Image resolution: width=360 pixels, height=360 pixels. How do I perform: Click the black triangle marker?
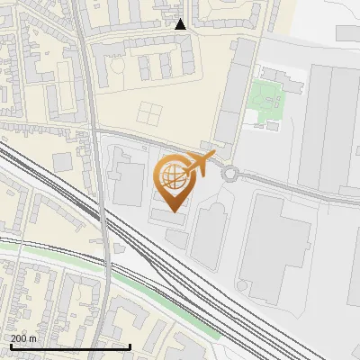pyautogui.click(x=180, y=24)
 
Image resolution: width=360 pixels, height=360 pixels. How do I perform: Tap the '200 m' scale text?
pyautogui.click(x=24, y=338)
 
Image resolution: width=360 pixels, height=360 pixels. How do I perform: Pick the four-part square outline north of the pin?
pyautogui.click(x=148, y=114)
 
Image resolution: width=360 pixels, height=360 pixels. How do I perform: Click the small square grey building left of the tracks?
pyautogui.click(x=62, y=162)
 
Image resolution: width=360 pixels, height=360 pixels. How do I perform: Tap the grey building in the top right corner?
pyautogui.click(x=348, y=32)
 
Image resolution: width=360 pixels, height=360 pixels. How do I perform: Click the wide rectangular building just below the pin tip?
pyautogui.click(x=171, y=219)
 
